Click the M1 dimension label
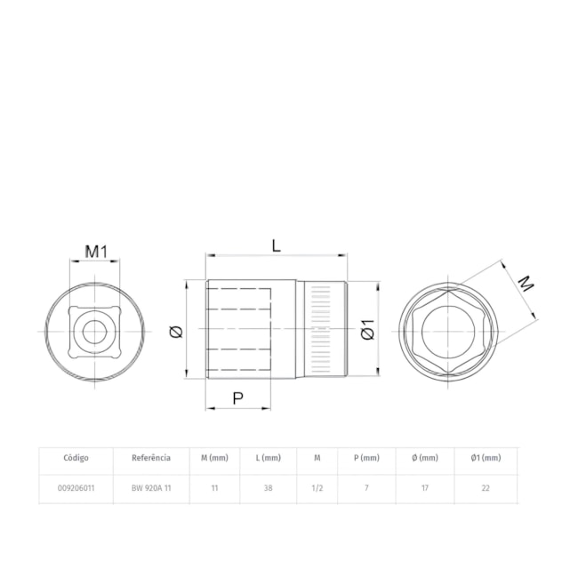96,252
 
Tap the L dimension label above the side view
276,245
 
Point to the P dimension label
238,398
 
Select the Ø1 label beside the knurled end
367,329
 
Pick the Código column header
76,458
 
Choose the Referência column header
151,458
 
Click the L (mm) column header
269,458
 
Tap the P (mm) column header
366,458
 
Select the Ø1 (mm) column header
486,458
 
